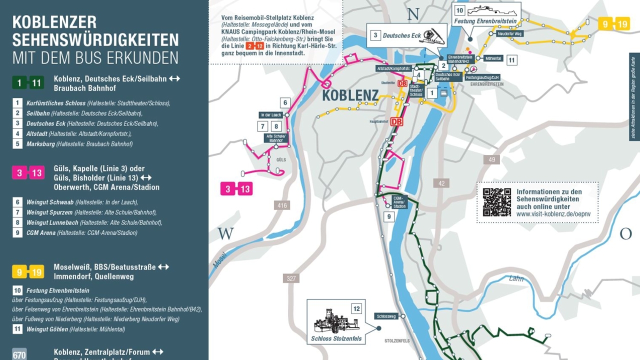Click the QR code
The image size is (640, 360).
pos(496,202)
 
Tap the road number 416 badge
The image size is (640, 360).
pos(281,205)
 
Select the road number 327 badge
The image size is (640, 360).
pos(290,278)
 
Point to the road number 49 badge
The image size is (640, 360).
pos(491,159)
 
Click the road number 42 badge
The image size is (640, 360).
pos(441,183)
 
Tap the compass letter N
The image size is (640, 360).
pos(413,14)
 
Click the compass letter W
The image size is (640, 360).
pos(225,234)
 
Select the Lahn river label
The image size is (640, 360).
pos(516,278)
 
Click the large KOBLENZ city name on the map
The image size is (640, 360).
pos(350,95)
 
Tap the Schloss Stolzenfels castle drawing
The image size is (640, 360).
pos(336,321)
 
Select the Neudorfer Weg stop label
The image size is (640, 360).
pos(510,33)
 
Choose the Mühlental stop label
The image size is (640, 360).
pos(493,58)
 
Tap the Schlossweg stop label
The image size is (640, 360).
pos(386,316)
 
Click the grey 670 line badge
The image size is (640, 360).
pos(19,355)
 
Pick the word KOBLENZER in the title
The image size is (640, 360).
pos(54,22)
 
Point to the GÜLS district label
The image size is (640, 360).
pos(280,159)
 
